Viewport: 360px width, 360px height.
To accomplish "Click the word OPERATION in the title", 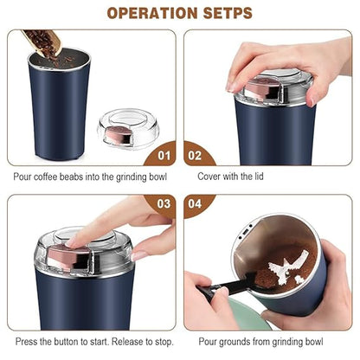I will click(147, 13).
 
